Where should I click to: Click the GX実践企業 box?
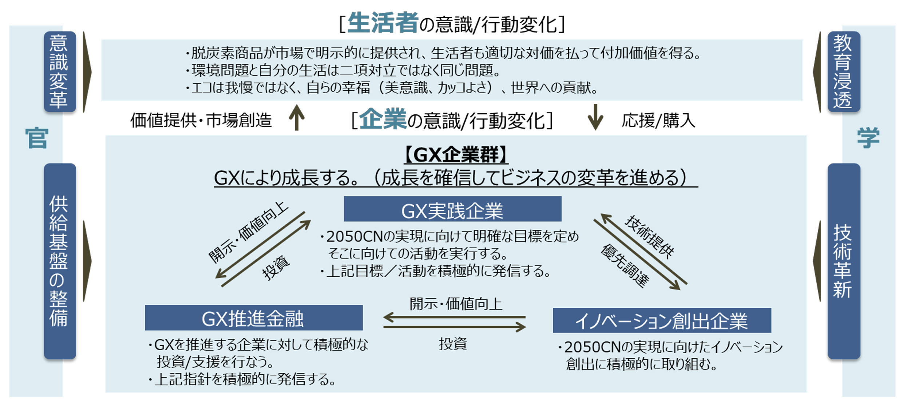tap(452, 209)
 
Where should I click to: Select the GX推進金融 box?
tap(254, 318)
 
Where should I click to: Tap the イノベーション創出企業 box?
tap(662, 320)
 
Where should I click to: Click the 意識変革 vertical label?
tap(60, 72)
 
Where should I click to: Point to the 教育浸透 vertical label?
tap(844, 72)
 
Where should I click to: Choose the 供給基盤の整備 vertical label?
tap(60, 261)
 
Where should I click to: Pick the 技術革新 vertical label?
tap(844, 261)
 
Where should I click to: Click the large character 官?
tap(37, 138)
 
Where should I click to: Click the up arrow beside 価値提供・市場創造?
tap(297, 117)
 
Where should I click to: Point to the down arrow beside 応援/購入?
tap(595, 117)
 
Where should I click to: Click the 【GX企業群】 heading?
tap(456, 155)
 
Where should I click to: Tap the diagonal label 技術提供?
tap(650, 236)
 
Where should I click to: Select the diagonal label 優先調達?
tap(625, 266)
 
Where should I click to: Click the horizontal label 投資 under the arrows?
tap(453, 343)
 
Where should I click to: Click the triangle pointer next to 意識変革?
tap(87, 72)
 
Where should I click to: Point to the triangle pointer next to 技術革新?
tap(817, 261)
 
